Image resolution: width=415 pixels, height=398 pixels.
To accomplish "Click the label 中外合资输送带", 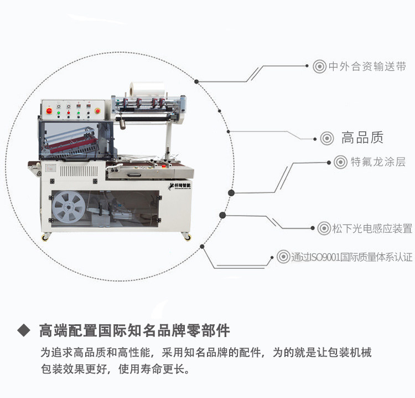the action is tap(367, 67).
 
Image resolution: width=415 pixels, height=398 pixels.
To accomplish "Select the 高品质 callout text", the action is tap(362, 138).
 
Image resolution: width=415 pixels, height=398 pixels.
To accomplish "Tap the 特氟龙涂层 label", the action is tap(377, 162).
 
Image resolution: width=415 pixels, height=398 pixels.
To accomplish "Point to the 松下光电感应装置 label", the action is tap(372, 228).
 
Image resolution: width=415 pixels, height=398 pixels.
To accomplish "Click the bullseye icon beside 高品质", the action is tap(327, 138).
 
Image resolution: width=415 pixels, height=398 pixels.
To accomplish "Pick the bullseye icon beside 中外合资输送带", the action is tap(319, 67).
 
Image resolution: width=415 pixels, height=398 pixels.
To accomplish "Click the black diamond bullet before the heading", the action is tap(23, 330).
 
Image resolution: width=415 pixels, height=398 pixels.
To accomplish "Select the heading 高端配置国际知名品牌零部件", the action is tap(134, 331).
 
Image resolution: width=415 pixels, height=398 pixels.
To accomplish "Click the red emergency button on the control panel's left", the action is tap(49, 112).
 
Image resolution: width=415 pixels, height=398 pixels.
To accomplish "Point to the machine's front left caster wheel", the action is tap(45, 238).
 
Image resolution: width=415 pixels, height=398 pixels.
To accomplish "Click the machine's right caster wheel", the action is tap(188, 237).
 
